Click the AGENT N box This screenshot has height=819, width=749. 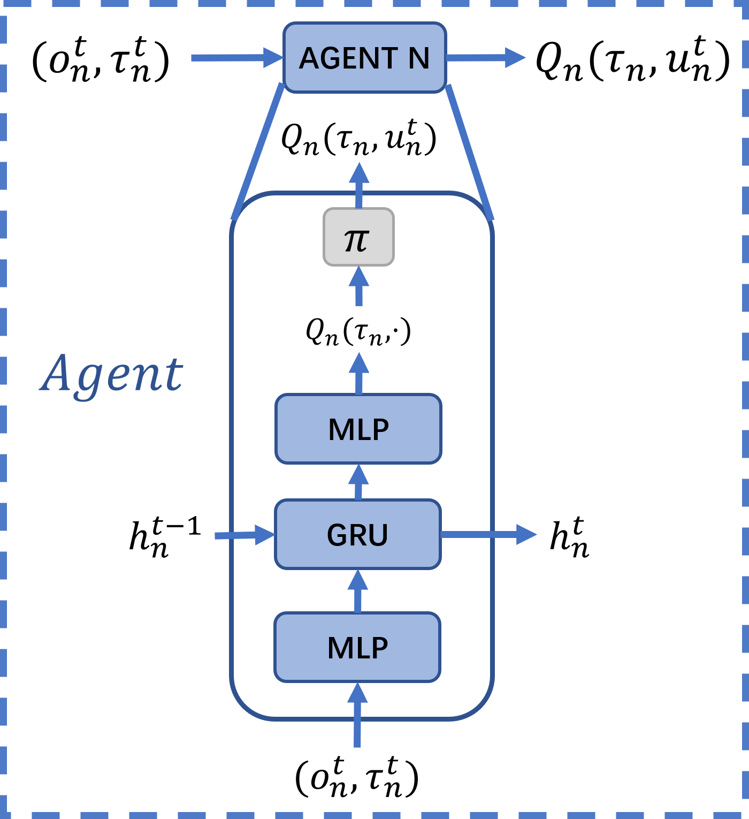pyautogui.click(x=364, y=57)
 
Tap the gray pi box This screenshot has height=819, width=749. pyautogui.click(x=358, y=237)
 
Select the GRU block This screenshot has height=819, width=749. pyautogui.click(x=358, y=534)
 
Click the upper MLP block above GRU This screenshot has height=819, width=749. pyautogui.click(x=358, y=429)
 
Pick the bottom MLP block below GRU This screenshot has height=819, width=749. pyautogui.click(x=357, y=647)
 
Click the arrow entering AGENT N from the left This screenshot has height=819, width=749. pyautogui.click(x=235, y=58)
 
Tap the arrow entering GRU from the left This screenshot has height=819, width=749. pyautogui.click(x=243, y=535)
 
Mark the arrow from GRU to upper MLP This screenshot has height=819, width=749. pyautogui.click(x=358, y=482)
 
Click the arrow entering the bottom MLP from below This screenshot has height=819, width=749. pyautogui.click(x=357, y=715)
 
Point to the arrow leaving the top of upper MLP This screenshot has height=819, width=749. pyautogui.click(x=359, y=374)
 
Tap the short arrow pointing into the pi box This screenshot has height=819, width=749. pyautogui.click(x=359, y=286)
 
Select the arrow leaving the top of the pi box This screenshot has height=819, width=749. pyautogui.click(x=359, y=185)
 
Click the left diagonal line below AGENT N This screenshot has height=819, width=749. pyautogui.click(x=258, y=151)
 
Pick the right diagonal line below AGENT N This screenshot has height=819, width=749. pyautogui.click(x=469, y=151)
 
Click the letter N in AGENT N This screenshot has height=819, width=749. pyautogui.click(x=419, y=58)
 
